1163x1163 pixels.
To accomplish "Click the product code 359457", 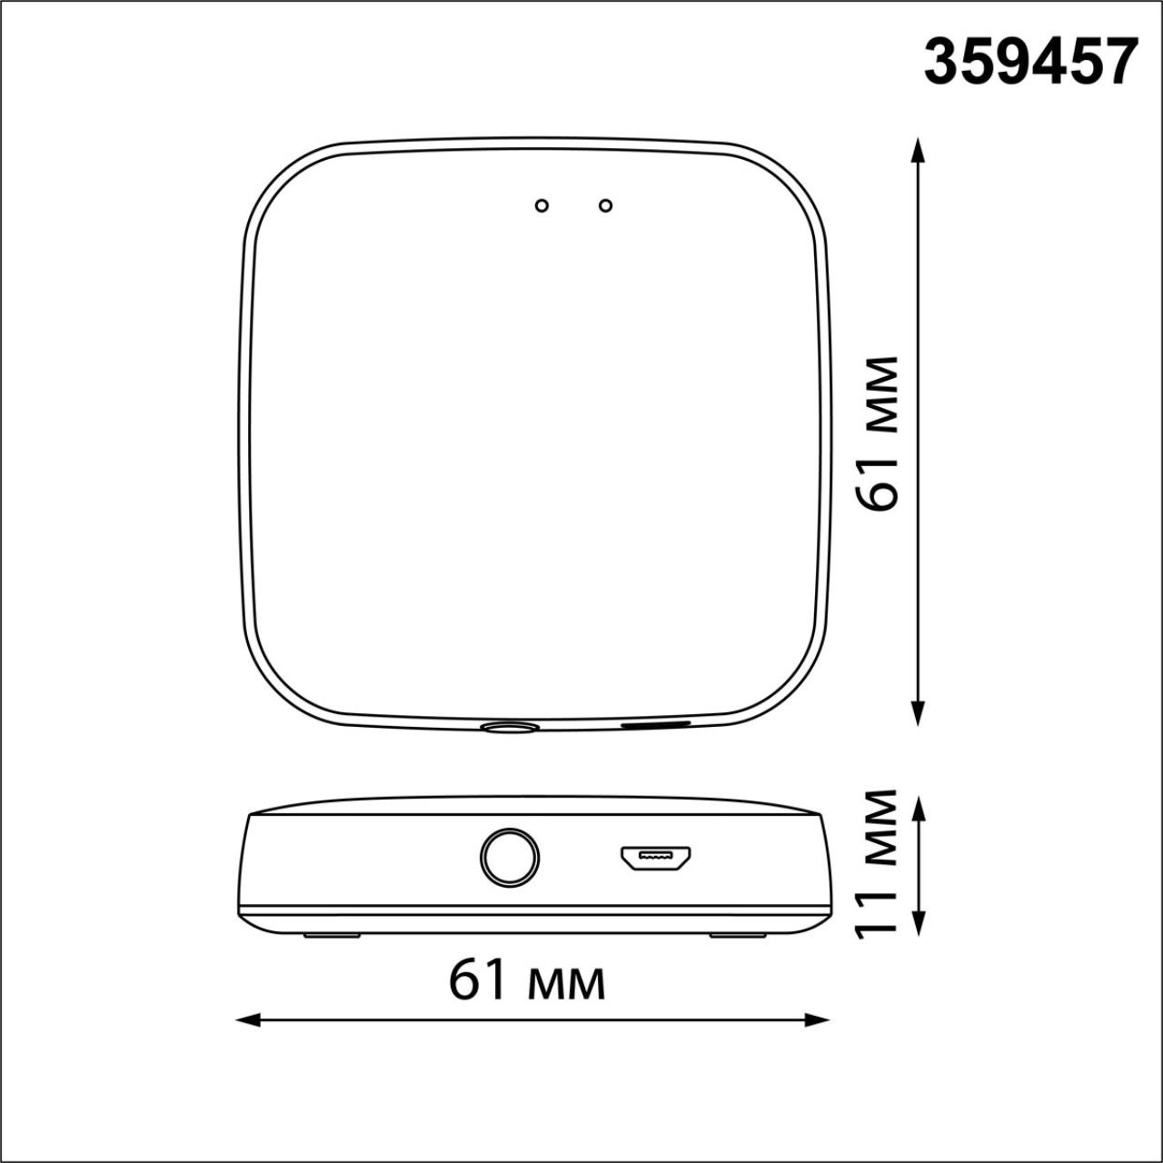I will click(x=1030, y=62).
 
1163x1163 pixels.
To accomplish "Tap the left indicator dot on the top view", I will click(x=542, y=206).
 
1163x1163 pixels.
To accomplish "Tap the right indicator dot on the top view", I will click(x=605, y=206).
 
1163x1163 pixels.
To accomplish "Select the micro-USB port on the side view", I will click(x=655, y=857).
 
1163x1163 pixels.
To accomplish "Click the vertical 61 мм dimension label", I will click(x=879, y=433).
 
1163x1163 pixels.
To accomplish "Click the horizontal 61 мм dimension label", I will click(x=527, y=980).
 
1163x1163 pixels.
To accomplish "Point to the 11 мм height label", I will click(x=879, y=861).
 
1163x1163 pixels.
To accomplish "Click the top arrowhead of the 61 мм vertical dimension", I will click(x=919, y=150).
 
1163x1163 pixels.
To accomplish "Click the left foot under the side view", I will click(x=332, y=935).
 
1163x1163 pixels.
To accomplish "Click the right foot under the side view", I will click(x=738, y=935).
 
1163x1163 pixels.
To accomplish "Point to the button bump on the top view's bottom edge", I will click(x=509, y=727).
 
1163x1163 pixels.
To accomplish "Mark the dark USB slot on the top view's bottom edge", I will click(x=655, y=724).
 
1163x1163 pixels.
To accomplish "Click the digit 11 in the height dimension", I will click(x=879, y=910).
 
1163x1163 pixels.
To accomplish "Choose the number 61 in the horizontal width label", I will click(x=478, y=980).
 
